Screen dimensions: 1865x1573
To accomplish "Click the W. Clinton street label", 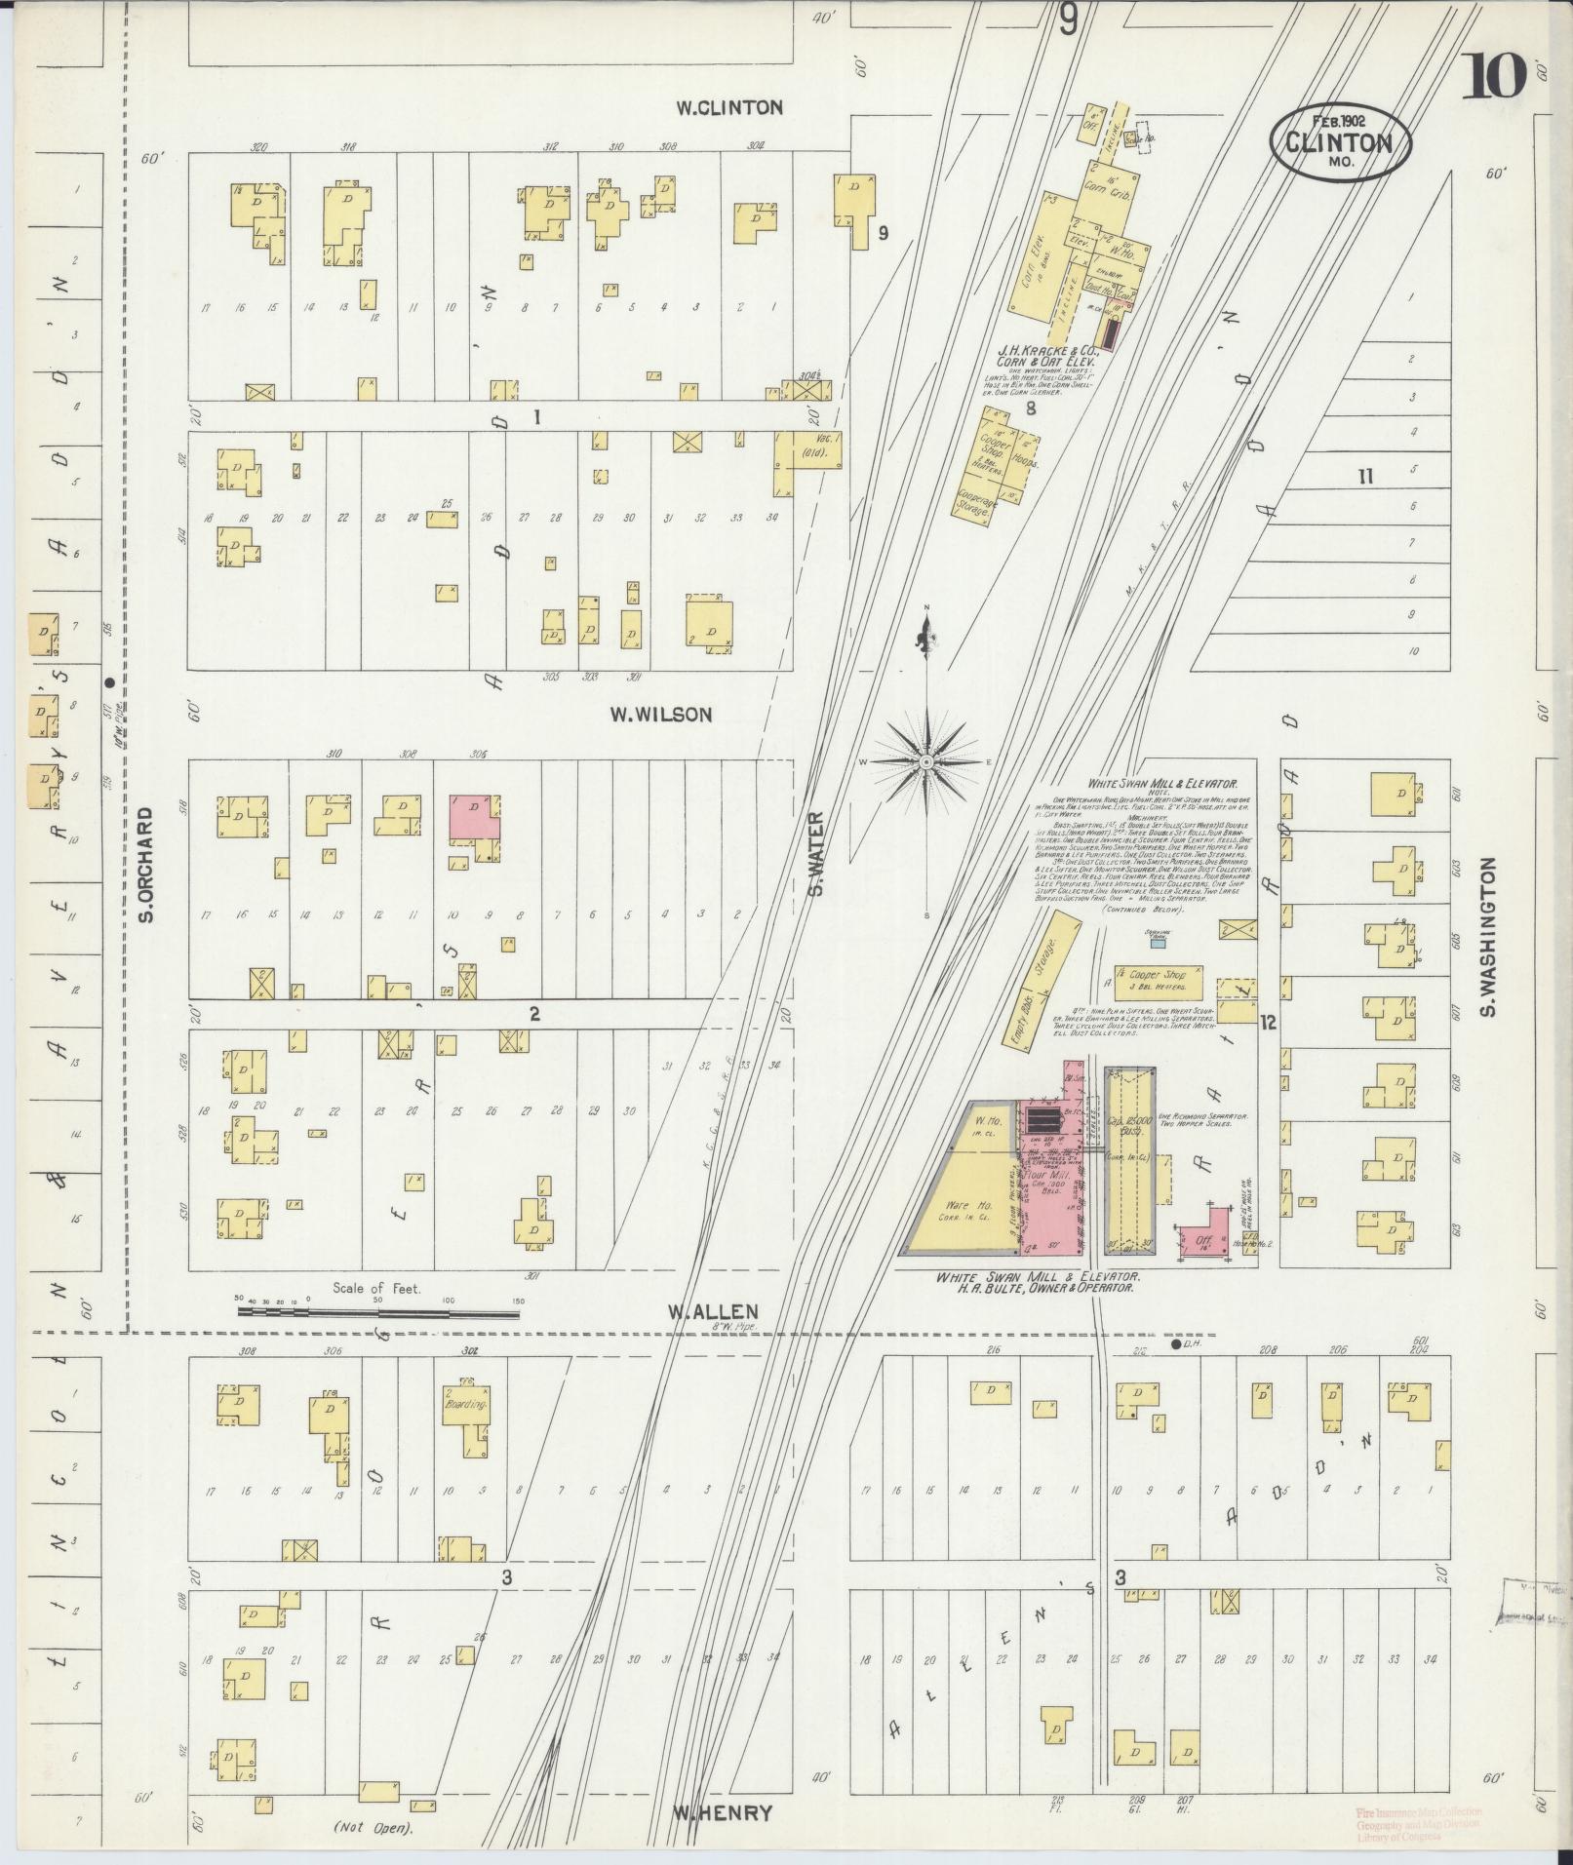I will coord(730,107).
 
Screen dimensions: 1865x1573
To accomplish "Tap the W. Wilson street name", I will coord(660,715).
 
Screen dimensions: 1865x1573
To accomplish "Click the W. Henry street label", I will coord(722,1813).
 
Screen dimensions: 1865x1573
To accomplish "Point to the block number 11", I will coord(1365,476).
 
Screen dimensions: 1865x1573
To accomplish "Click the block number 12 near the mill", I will coord(1267,1024).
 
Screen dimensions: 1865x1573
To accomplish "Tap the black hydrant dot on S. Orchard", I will coord(109,682).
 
